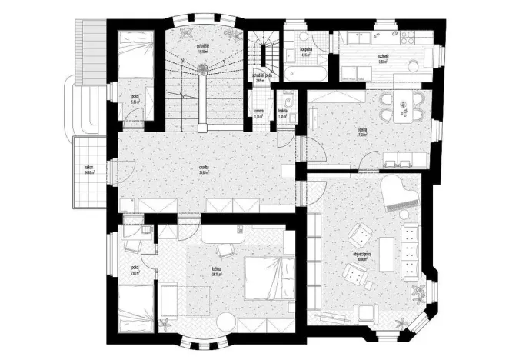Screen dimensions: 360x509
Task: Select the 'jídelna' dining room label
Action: [361, 130]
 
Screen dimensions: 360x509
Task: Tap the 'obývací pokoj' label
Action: [361, 256]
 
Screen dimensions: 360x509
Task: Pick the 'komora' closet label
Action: [259, 110]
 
